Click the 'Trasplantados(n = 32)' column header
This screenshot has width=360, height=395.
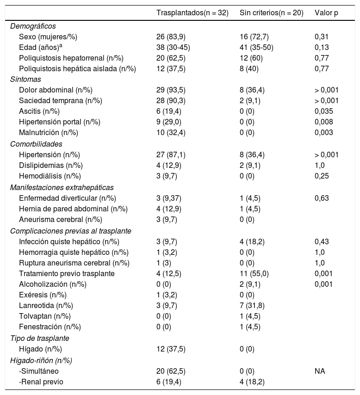[x=192, y=12]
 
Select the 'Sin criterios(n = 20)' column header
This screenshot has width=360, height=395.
[x=271, y=12]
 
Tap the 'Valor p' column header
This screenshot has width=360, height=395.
[x=326, y=12]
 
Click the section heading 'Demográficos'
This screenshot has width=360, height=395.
[x=33, y=26]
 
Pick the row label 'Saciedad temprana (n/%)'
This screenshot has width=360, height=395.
[x=60, y=100]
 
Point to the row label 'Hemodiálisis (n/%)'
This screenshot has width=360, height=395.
[x=50, y=176]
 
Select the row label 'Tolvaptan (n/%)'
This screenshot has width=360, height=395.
[x=44, y=316]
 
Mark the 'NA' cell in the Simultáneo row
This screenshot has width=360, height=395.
[x=319, y=371]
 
